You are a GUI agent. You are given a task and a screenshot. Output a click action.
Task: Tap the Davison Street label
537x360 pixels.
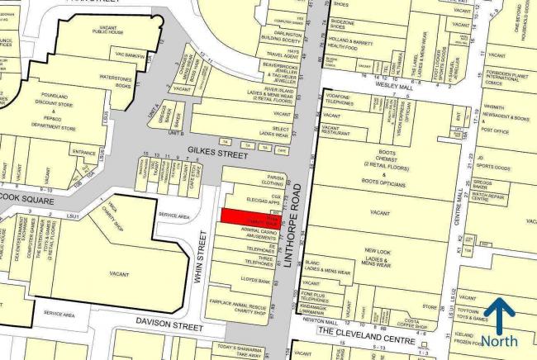point(165,324)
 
